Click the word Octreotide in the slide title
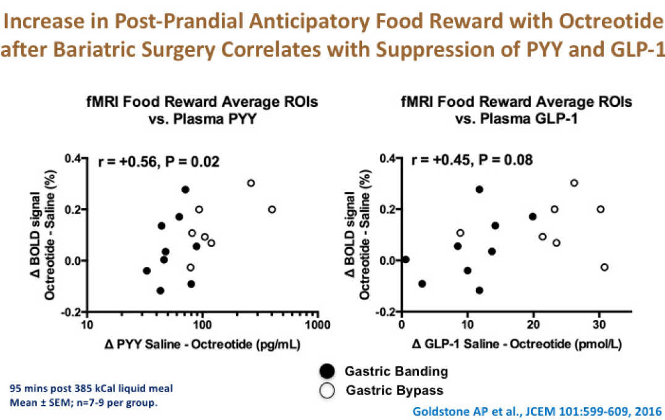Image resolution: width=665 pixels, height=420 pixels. [x=606, y=22]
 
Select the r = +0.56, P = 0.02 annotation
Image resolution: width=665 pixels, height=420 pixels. [x=159, y=162]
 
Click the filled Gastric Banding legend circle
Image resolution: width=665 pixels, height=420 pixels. [x=326, y=371]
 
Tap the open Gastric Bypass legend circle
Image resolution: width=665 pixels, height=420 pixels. [x=326, y=390]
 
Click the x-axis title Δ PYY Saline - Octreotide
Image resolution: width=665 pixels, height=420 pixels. [x=201, y=345]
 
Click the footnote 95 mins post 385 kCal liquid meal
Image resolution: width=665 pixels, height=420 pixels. [x=91, y=388]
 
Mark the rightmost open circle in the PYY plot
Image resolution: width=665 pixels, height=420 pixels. [x=272, y=209]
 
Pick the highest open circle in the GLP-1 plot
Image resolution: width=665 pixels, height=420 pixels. [x=574, y=183]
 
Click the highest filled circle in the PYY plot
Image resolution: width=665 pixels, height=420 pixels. [x=185, y=190]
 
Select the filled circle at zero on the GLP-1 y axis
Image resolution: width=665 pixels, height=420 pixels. [x=405, y=259]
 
